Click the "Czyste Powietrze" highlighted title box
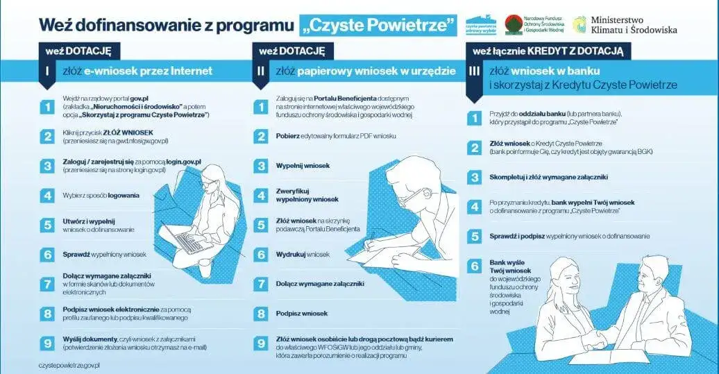click(379, 26)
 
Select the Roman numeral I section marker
click(46, 71)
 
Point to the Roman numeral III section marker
click(474, 71)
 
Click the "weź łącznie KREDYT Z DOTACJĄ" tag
click(548, 51)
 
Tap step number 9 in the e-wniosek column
click(46, 342)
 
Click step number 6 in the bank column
click(475, 266)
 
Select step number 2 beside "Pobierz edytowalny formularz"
click(261, 136)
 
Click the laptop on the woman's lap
click(187, 239)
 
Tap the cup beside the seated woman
click(205, 266)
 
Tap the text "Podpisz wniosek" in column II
click(302, 314)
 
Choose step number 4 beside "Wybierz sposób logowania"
click(46, 195)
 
